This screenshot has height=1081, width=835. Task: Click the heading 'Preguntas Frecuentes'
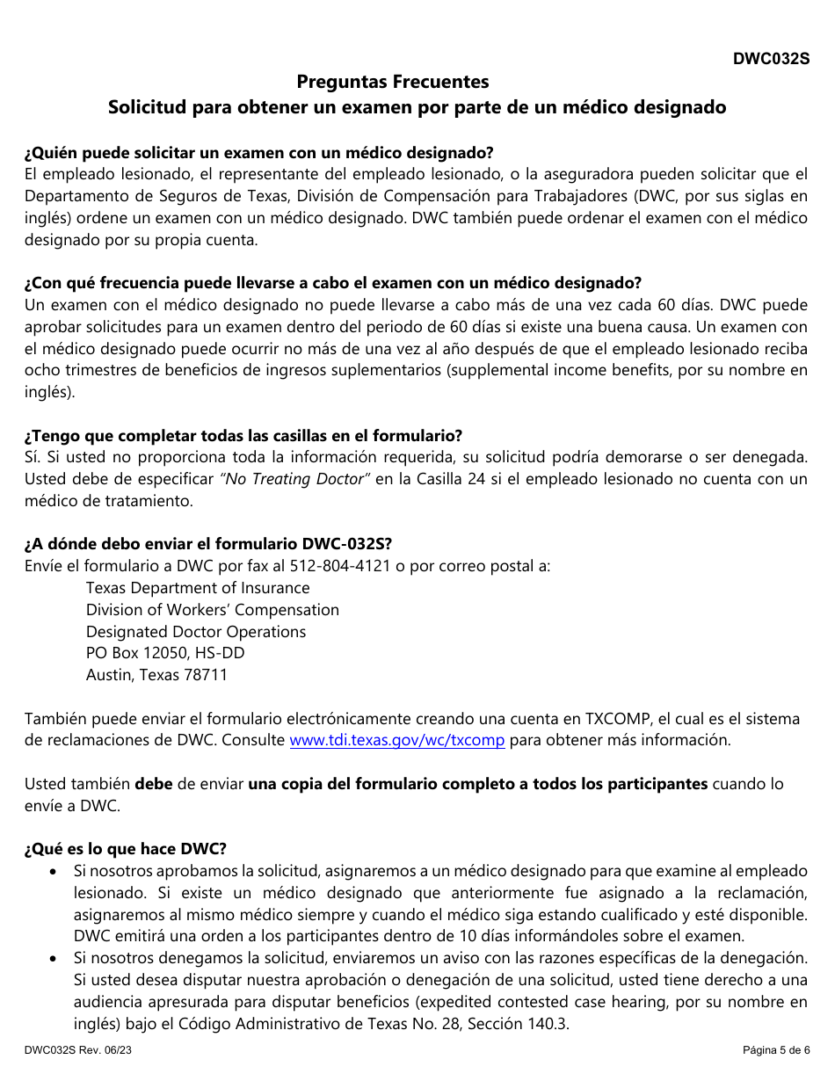(392, 82)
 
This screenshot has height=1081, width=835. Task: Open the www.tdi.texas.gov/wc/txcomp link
(397, 740)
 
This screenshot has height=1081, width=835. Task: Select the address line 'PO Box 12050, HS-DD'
(165, 653)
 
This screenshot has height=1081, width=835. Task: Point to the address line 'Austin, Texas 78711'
(156, 675)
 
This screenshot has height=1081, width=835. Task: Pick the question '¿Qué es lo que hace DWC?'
(126, 849)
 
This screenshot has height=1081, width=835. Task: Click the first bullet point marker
(55, 871)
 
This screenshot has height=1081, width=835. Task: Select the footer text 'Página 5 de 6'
(774, 1050)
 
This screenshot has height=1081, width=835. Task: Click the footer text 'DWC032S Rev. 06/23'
(79, 1050)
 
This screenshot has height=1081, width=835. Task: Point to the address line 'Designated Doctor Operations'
(196, 632)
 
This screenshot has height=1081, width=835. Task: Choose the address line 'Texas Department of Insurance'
(198, 588)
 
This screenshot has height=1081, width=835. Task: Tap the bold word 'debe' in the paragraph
(154, 784)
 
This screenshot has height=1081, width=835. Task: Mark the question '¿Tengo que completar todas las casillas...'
(243, 436)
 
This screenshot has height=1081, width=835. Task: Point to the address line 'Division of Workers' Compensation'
(213, 610)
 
